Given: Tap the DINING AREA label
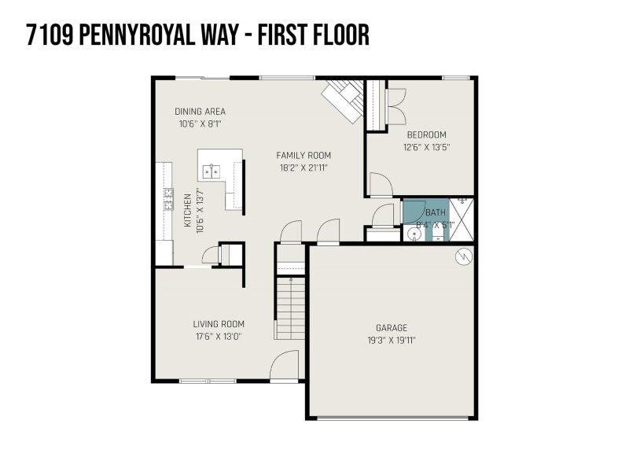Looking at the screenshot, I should (200, 111).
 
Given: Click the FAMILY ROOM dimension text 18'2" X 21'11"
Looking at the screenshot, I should (303, 168).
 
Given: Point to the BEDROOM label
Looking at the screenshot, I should (426, 134).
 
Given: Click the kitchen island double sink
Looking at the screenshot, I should (212, 169).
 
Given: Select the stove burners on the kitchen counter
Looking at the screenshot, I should (167, 200).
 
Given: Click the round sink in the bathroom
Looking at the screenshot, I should (415, 233).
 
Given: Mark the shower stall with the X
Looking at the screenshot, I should (464, 219).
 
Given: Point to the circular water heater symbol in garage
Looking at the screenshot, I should (464, 256).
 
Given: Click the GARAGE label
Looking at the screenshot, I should (391, 328).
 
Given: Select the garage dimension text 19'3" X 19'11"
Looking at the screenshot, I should (391, 340).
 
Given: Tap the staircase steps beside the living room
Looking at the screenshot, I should (290, 307).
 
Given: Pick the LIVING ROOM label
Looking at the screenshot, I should (219, 323).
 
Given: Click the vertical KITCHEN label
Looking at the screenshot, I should (188, 211).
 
